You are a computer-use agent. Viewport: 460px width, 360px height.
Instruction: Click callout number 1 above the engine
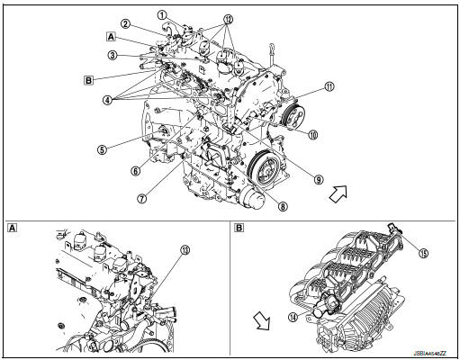[163, 15]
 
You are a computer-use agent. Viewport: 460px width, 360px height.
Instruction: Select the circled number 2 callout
[127, 24]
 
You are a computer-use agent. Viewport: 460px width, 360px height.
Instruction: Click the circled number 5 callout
[104, 149]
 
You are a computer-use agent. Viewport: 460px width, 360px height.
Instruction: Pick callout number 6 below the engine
[135, 169]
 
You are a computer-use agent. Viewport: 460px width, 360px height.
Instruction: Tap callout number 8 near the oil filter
[284, 205]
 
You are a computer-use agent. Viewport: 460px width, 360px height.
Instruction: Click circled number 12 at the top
[228, 18]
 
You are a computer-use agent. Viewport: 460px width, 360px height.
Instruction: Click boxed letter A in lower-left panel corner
[12, 226]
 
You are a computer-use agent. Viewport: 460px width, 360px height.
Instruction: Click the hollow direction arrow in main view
[339, 192]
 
